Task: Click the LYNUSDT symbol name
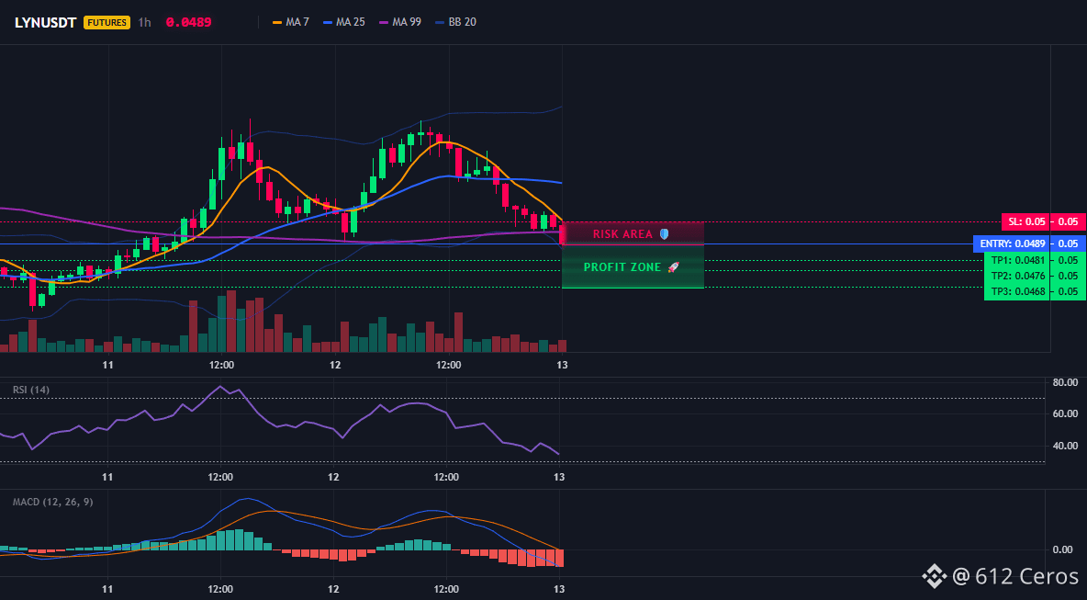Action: tap(45, 22)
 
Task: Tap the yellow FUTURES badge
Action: tap(106, 22)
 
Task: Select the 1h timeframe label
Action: tap(144, 22)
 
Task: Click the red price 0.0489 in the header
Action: tap(188, 22)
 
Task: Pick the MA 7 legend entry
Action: tap(291, 22)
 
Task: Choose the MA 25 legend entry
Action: tap(344, 22)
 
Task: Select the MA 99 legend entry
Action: tap(400, 22)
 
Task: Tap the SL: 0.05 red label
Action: tap(1026, 222)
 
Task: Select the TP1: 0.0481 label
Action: tap(1017, 260)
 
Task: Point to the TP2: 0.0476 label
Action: tap(1017, 276)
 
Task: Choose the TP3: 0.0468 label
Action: tap(1017, 291)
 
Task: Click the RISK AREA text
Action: tap(622, 234)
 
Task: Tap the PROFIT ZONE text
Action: tap(622, 267)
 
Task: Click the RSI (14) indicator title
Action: tap(31, 390)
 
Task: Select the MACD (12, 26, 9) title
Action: tap(52, 502)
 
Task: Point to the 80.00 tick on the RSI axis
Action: tap(1064, 382)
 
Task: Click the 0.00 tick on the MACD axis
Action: tap(1063, 550)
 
